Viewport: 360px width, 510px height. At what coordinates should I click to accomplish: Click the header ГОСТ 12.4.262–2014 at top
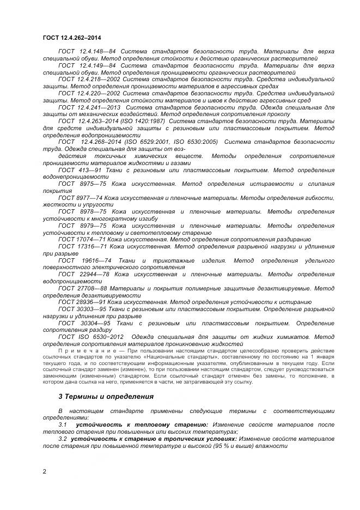(72, 38)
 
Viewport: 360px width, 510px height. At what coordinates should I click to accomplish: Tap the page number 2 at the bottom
(44, 471)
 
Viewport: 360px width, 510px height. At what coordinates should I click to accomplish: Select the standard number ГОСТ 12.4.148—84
(87, 51)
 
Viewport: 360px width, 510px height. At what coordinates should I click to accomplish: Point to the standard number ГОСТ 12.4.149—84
(87, 65)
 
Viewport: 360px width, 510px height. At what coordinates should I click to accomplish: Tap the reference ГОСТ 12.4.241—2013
(90, 108)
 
